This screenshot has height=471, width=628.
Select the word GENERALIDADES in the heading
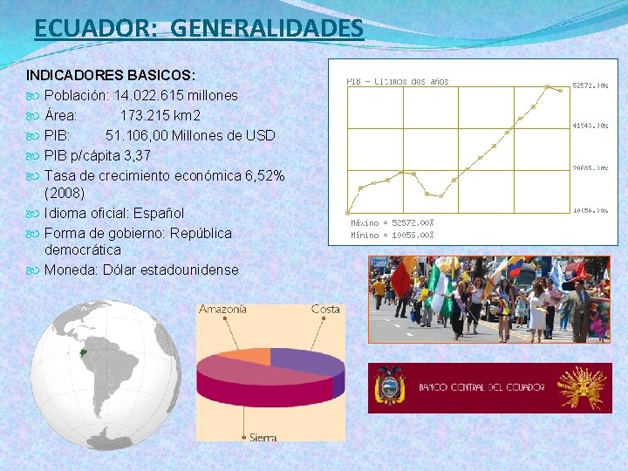267,29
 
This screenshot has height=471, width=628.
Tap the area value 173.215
147,115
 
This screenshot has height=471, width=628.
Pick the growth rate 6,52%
259,176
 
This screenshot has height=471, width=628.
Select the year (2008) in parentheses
65,193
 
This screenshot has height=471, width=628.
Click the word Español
155,213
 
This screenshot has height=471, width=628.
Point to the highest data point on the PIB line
548,86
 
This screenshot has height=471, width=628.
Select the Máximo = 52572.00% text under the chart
392,223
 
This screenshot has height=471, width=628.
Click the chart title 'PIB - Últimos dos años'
398,81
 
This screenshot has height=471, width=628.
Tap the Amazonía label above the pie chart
222,309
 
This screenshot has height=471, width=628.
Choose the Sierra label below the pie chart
263,437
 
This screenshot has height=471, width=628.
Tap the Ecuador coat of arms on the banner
389,386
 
